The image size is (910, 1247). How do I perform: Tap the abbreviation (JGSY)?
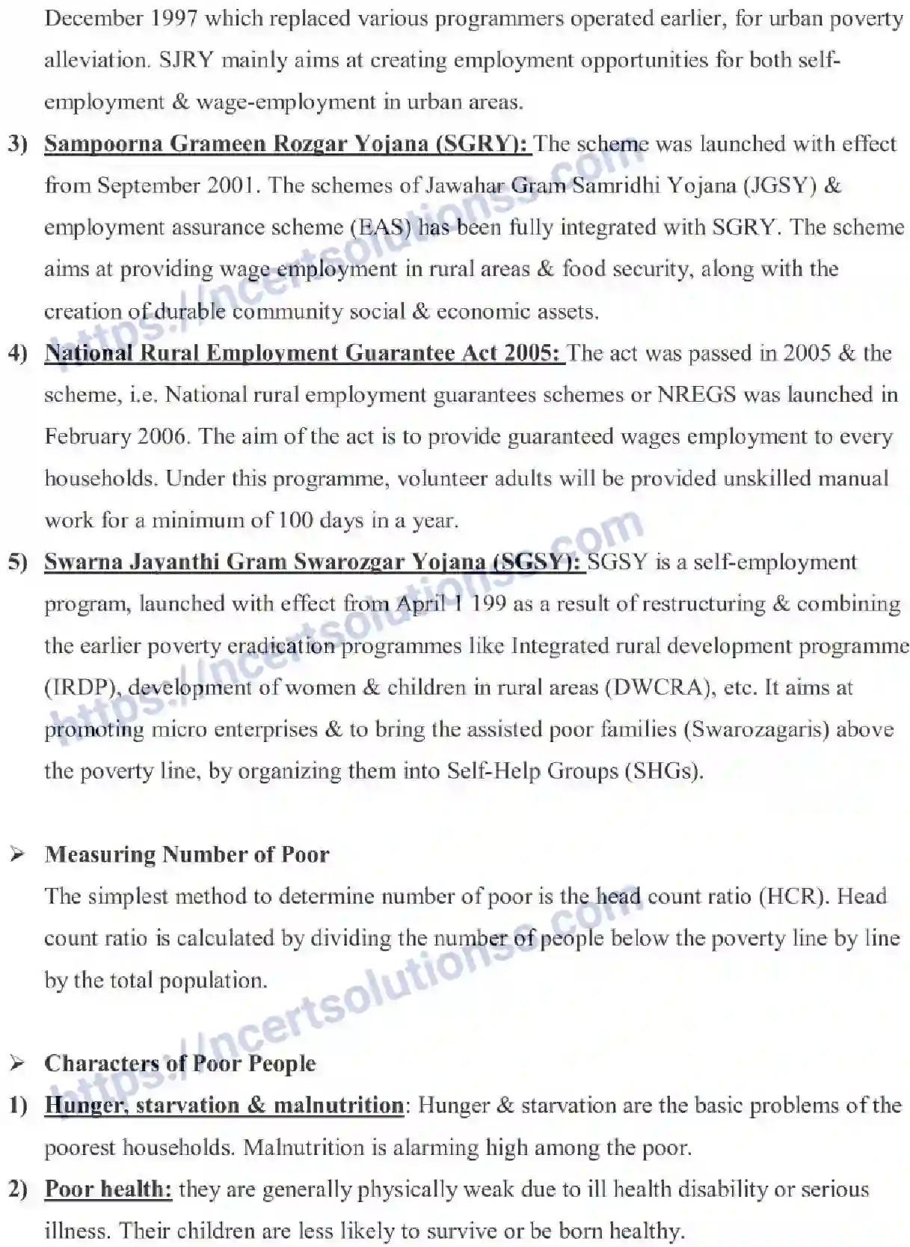pyautogui.click(x=778, y=186)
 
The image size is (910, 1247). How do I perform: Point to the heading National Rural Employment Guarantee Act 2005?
pyautogui.click(x=302, y=353)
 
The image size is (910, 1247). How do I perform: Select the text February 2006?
pyautogui.click(x=114, y=437)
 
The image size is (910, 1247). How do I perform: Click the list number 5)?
pyautogui.click(x=17, y=563)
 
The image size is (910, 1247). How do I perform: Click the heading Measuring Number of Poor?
pyautogui.click(x=187, y=854)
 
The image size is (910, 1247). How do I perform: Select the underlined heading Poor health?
pyautogui.click(x=108, y=1189)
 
